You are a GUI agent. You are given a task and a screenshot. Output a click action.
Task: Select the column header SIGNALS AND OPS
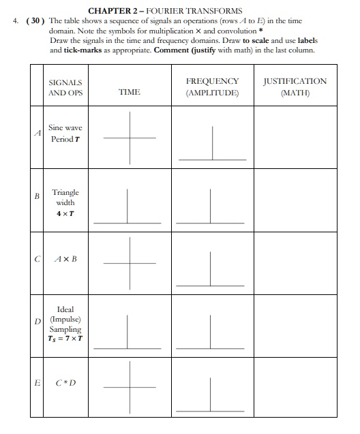coord(65,87)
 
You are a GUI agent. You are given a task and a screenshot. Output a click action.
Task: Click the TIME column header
coord(130,92)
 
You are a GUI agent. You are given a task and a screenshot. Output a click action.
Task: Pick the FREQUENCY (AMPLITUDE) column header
coord(212,87)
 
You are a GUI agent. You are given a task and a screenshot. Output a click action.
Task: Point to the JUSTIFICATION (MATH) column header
coord(295,87)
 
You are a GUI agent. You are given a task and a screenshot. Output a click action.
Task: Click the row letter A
coord(38,133)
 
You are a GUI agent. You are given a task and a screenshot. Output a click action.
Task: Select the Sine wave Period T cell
coord(65,133)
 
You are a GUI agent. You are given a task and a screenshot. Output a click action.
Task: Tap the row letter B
coord(38,196)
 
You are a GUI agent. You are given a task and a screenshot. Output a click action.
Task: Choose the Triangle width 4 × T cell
coord(65,202)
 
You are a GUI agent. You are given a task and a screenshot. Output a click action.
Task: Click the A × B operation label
coord(65,259)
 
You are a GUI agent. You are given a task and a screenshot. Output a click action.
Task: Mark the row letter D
coord(38,321)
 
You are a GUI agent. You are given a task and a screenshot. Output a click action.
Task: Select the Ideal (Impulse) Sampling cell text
coord(65,324)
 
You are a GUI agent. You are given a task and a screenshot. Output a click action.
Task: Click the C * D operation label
coord(65,383)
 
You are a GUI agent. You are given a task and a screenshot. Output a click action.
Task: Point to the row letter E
coord(38,383)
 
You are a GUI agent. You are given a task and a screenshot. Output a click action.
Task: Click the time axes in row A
coord(130,138)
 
